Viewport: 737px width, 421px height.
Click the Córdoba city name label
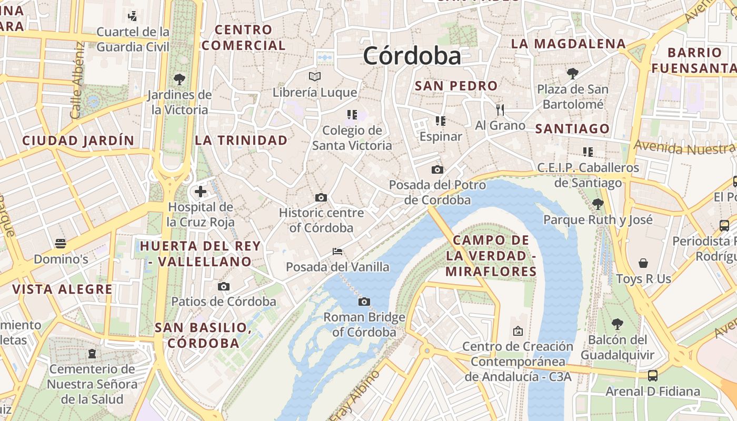click(x=412, y=56)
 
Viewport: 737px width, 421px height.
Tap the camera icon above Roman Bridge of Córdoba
click(x=364, y=302)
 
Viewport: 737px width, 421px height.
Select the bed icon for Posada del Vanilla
click(x=337, y=252)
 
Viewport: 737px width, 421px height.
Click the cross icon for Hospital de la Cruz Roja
click(x=201, y=192)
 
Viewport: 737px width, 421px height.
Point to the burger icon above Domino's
click(x=61, y=243)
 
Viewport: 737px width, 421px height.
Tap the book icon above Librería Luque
click(x=315, y=77)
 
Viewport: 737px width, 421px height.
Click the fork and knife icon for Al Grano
click(x=500, y=109)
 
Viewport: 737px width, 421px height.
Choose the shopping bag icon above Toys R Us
click(x=643, y=263)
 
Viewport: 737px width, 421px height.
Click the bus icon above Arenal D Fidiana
click(x=653, y=375)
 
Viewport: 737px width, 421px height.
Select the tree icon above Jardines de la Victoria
click(x=179, y=79)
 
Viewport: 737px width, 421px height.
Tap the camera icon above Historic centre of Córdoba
click(x=321, y=197)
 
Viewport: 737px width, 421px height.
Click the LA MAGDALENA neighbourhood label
click(x=569, y=44)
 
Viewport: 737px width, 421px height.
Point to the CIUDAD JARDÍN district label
click(x=78, y=141)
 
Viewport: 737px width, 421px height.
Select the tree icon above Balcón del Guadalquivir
click(x=618, y=324)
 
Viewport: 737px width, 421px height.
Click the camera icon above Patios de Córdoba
click(x=224, y=286)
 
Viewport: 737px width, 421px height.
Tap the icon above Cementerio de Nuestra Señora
click(x=93, y=354)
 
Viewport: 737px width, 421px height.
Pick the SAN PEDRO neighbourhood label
click(x=456, y=85)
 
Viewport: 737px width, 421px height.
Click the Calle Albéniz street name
click(x=77, y=80)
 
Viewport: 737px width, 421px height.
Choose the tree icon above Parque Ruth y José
click(x=597, y=204)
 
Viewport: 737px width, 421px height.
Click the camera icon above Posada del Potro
click(x=437, y=169)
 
